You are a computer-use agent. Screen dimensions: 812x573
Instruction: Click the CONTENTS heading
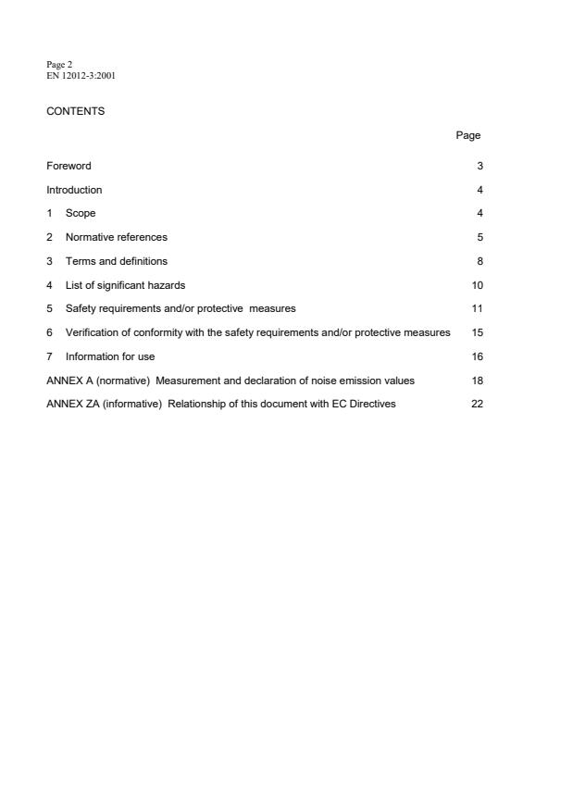coord(76,111)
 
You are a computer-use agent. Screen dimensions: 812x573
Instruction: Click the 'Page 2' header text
coord(57,64)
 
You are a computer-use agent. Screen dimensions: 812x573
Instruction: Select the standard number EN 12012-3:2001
coord(81,75)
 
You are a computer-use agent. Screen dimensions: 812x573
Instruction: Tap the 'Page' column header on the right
coord(467,135)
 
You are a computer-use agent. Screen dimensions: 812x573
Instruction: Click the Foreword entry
coord(69,166)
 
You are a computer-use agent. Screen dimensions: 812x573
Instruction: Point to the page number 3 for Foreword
coord(480,166)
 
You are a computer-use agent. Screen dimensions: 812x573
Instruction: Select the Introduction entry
coord(74,190)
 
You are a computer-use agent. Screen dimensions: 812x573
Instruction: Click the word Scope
coord(81,214)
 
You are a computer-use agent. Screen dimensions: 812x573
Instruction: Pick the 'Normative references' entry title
coord(116,237)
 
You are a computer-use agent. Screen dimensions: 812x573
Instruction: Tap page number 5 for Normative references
coord(480,237)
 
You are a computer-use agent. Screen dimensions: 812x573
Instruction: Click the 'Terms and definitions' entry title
coord(116,261)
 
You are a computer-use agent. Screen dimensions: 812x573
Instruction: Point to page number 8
coord(480,261)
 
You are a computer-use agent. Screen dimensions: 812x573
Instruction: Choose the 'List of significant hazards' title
coord(125,285)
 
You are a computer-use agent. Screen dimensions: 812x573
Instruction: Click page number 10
coord(477,285)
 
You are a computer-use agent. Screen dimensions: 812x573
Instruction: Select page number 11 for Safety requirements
coord(477,308)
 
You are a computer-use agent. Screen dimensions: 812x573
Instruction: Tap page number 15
coord(477,332)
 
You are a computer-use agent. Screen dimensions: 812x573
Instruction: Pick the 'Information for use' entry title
coord(104,356)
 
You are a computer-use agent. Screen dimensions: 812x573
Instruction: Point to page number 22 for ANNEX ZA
coord(477,404)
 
